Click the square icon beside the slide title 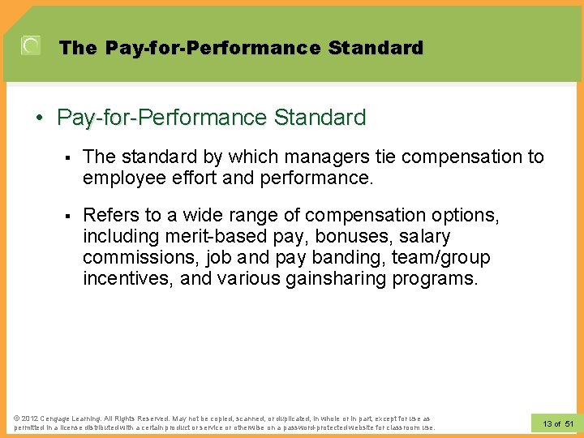(30, 46)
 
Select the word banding (345, 257)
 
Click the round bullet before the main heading (39, 118)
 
